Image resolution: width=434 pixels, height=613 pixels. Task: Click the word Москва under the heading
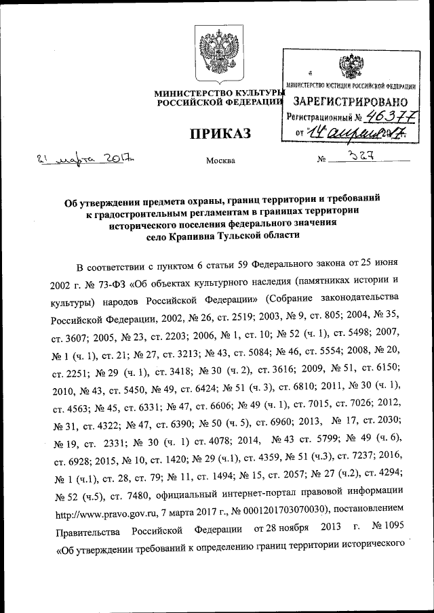pos(220,161)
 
